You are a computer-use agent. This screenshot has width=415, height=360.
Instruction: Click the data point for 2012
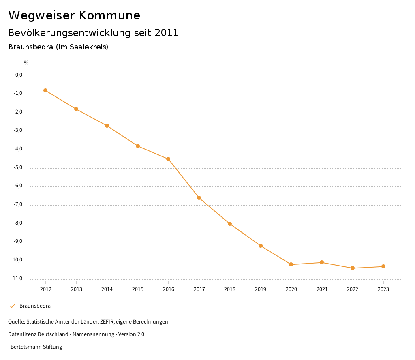click(x=45, y=90)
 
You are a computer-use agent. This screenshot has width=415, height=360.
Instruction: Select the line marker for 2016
click(x=168, y=159)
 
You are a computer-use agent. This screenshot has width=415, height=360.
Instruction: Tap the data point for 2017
click(x=199, y=198)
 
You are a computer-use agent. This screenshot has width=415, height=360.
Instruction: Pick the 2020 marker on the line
click(x=291, y=264)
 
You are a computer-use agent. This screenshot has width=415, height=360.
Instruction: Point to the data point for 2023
click(x=383, y=266)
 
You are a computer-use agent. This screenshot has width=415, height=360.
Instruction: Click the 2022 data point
click(x=353, y=268)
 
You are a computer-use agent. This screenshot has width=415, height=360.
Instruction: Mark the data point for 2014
click(x=107, y=126)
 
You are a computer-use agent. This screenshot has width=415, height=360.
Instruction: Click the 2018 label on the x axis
click(x=230, y=289)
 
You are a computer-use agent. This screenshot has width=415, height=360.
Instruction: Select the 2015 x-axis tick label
click(x=138, y=289)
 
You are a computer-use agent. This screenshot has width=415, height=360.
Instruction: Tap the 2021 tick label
click(x=322, y=289)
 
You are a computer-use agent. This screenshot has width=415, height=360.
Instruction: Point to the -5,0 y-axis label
click(x=18, y=167)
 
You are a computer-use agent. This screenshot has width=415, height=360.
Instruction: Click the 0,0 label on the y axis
click(x=19, y=75)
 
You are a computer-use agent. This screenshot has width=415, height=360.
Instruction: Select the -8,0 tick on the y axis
click(x=18, y=223)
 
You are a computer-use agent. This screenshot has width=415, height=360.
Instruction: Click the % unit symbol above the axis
click(x=26, y=63)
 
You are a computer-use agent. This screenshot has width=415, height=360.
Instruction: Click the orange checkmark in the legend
click(x=12, y=306)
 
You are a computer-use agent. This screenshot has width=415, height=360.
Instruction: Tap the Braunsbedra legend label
click(x=35, y=306)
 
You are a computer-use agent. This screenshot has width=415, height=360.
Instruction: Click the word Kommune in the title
click(x=109, y=15)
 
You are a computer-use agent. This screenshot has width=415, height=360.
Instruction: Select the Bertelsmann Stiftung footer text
click(x=36, y=347)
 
